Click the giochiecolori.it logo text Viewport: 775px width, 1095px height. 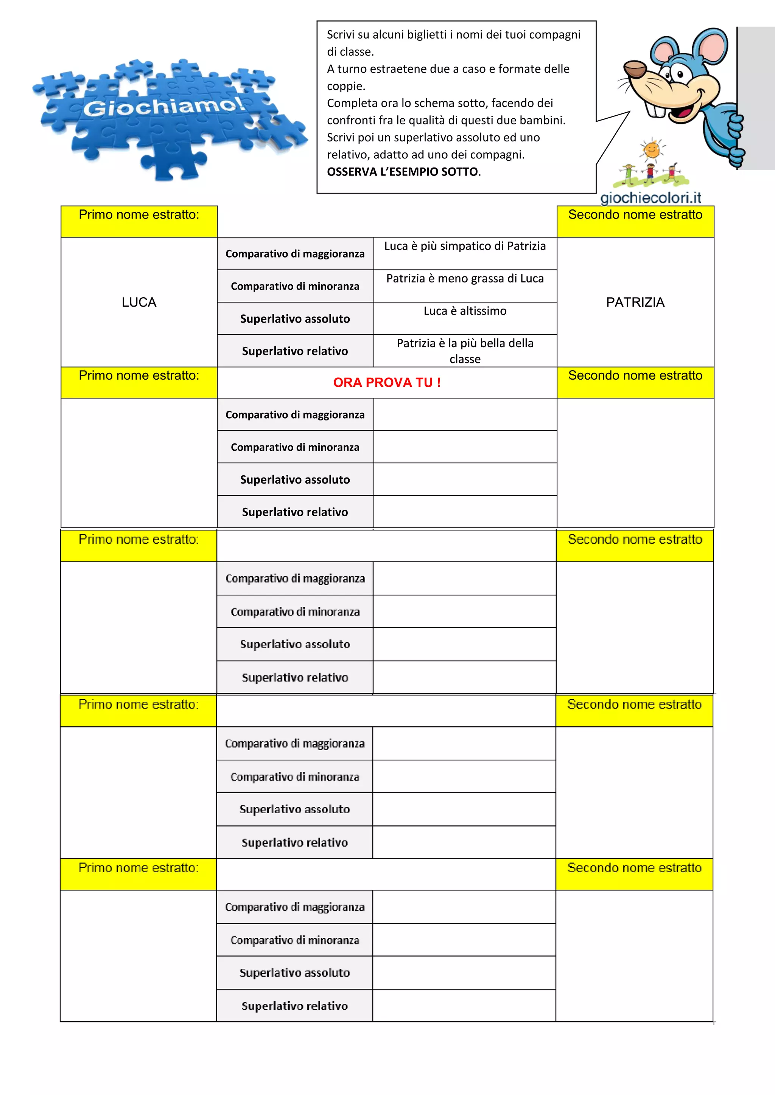tap(651, 197)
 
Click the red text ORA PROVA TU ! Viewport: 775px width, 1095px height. tap(386, 383)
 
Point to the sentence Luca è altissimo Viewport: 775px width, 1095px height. tap(465, 311)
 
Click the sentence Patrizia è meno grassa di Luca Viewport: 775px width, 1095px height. tap(465, 279)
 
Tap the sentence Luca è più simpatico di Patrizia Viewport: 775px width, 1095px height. tap(465, 246)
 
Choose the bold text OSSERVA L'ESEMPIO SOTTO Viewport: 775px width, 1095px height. tap(403, 172)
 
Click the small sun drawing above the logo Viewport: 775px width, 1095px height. tap(651, 150)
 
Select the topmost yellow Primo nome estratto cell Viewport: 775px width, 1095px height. tap(139, 221)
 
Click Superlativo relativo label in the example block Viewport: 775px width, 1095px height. tap(295, 351)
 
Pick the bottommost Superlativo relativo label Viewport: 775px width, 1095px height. tap(294, 1005)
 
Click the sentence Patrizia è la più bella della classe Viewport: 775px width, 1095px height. tap(465, 351)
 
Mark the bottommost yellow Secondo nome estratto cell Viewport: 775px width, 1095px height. tap(634, 874)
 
